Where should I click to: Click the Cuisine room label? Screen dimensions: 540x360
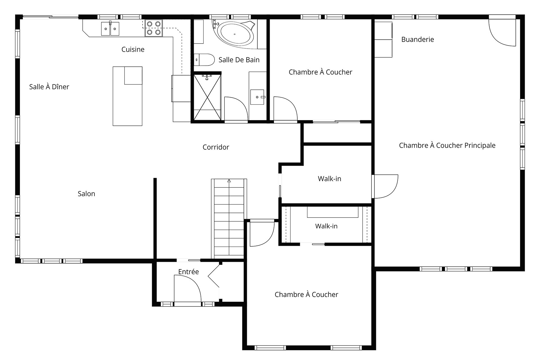tap(133, 49)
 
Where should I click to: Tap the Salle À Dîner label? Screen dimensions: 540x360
tap(49, 87)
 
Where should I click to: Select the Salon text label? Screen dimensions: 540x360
tap(86, 194)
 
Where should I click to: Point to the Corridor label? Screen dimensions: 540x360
tap(216, 147)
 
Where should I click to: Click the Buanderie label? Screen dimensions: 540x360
tap(417, 39)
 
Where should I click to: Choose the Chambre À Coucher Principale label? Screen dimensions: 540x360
tap(447, 145)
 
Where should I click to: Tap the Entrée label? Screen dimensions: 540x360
tap(188, 272)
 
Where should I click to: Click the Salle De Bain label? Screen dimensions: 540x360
tap(239, 60)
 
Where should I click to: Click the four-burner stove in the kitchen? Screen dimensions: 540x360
tap(154, 28)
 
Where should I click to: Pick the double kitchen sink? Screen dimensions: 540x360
tap(110, 29)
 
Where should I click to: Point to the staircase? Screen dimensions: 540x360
tap(229, 219)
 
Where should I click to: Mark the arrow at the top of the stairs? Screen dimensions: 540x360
tap(229, 181)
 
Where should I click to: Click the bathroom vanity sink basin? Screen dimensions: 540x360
tap(257, 97)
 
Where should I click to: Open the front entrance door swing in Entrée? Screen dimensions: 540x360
tap(187, 289)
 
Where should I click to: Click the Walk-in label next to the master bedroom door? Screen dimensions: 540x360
tap(330, 179)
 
